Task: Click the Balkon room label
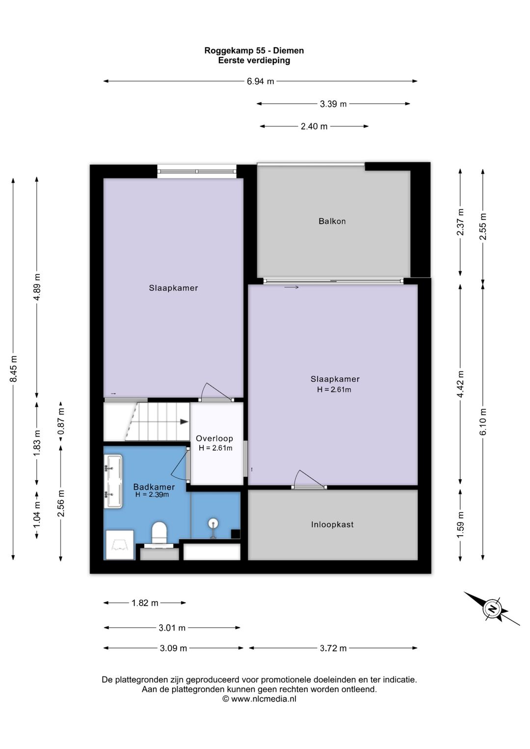pyautogui.click(x=332, y=221)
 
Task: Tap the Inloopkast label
pyautogui.click(x=332, y=524)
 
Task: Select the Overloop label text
pyautogui.click(x=214, y=438)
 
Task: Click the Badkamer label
pyautogui.click(x=154, y=487)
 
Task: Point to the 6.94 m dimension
pyautogui.click(x=260, y=81)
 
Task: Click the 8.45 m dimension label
pyautogui.click(x=13, y=369)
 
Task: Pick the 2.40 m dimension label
pyautogui.click(x=314, y=127)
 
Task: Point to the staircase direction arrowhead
pyautogui.click(x=184, y=422)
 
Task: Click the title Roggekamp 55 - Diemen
pyautogui.click(x=254, y=51)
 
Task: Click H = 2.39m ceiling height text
pyautogui.click(x=152, y=494)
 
